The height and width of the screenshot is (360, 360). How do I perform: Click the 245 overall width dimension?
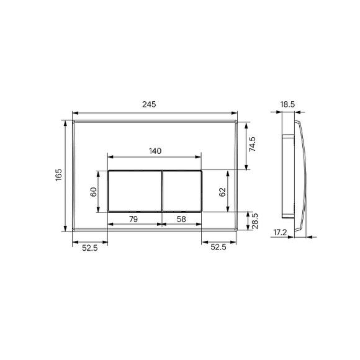(148, 105)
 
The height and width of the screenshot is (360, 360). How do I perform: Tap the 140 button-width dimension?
(155, 151)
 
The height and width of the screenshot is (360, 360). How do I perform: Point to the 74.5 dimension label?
(253, 145)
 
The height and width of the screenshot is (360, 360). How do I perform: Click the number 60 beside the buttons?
(94, 191)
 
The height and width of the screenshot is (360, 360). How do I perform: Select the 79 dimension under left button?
(133, 219)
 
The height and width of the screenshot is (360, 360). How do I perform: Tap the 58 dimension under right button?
(180, 219)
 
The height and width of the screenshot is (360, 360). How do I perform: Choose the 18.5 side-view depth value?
(288, 105)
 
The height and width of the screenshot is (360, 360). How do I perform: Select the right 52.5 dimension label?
(218, 248)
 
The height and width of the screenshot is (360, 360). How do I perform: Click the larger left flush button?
(135, 191)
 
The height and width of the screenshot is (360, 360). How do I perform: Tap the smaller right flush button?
(182, 191)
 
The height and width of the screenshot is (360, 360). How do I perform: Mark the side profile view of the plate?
(295, 176)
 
